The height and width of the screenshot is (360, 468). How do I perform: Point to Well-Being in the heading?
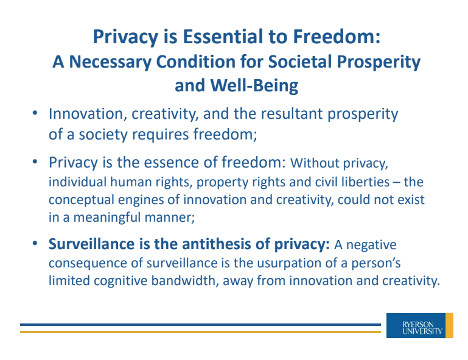(x=254, y=85)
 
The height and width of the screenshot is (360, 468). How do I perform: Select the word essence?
(x=173, y=163)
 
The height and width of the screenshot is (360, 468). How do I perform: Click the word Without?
(x=315, y=163)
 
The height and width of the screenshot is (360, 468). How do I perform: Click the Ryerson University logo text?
(x=422, y=328)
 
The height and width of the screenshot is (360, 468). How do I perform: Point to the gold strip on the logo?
(x=449, y=325)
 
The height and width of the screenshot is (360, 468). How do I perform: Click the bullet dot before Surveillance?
(x=35, y=244)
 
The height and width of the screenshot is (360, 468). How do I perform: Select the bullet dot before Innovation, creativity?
(x=35, y=113)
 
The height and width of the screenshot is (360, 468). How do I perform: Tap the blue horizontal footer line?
(x=201, y=325)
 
